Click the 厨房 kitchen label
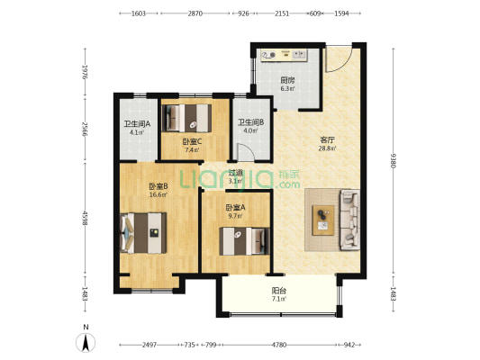pos(287,80)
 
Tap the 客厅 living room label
pos(327,140)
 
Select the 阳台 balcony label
pos(279,291)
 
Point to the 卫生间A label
pos(137,124)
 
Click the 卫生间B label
pos(251,122)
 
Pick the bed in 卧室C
pos(186,118)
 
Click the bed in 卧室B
pos(143,233)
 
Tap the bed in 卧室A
pos(245,241)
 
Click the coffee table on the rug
pos(323,220)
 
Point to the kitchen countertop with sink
pos(284,56)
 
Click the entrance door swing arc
pos(339,58)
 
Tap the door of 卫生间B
pos(246,152)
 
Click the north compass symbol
pos(86,343)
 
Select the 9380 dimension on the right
pos(394,160)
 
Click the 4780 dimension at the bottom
pos(279,345)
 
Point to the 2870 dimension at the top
pos(195,13)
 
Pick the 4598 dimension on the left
pos(85,219)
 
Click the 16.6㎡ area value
pos(158,194)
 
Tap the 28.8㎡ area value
pos(327,148)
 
